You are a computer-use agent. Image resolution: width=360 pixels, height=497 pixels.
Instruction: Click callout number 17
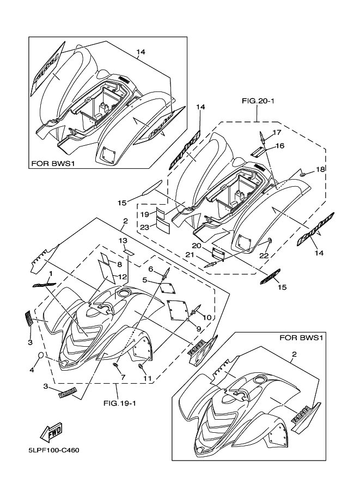(277, 133)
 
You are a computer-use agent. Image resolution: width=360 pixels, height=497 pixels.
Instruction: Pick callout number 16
(279, 146)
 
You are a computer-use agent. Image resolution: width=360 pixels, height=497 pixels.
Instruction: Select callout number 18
(321, 170)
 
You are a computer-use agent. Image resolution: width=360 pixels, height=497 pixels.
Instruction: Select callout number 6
(150, 269)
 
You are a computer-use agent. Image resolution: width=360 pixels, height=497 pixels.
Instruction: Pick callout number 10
(207, 317)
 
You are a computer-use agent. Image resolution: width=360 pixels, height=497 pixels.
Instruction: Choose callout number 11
(146, 377)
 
